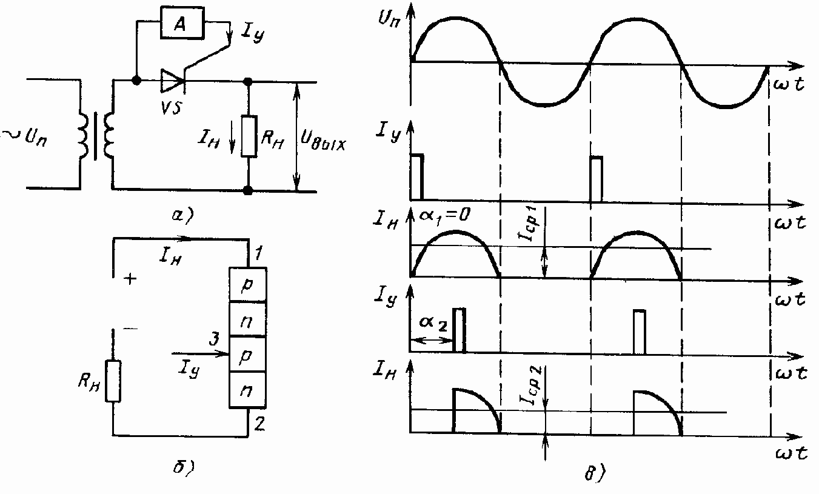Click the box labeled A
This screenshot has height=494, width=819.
179,24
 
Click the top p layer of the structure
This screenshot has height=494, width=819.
247,286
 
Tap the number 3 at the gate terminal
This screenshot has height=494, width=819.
213,339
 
